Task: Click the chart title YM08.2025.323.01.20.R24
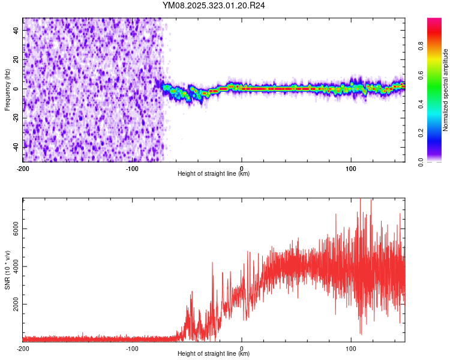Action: click(214, 5)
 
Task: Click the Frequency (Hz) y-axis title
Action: click(7, 89)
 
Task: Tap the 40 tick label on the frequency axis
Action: click(17, 31)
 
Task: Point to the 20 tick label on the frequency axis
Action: click(17, 59)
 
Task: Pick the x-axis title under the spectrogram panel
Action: click(214, 174)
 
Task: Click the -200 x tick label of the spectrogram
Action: click(23, 167)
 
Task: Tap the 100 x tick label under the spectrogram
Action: click(351, 167)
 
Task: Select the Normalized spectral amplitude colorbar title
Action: click(446, 90)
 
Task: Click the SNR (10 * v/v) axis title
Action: click(7, 270)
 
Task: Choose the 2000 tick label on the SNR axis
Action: click(13, 304)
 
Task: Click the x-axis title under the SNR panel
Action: click(214, 354)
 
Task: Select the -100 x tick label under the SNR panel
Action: click(132, 348)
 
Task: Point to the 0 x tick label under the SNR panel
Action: click(242, 348)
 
